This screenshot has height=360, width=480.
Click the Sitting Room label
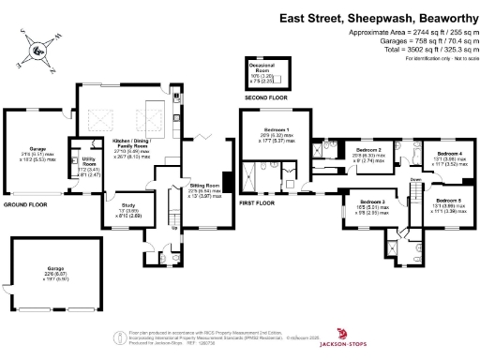pyautogui.click(x=205, y=186)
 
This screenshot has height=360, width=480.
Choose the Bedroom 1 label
pyautogui.click(x=275, y=130)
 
